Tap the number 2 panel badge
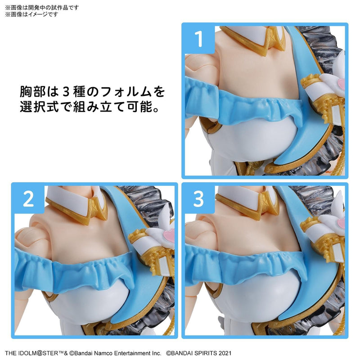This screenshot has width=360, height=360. coord(28,199)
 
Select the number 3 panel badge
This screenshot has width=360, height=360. coord(198,199)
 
